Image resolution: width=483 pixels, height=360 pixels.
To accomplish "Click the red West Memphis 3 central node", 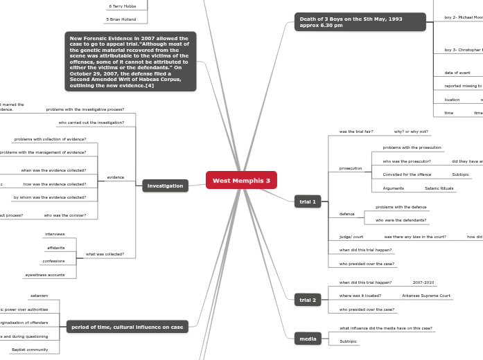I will coord(241,180).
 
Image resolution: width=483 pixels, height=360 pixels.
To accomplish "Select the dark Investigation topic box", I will coord(165,186).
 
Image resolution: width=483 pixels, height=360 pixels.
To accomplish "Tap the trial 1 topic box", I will coord(306,202).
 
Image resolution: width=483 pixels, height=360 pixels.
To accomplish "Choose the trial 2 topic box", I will coord(306,300).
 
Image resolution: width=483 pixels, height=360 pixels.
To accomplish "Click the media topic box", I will coord(307,338).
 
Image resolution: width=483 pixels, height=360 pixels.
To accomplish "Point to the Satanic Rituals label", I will coord(439,188).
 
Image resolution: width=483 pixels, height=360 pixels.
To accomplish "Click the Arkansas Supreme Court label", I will coord(425,296).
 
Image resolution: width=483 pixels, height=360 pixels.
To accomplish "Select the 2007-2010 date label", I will coord(423,282).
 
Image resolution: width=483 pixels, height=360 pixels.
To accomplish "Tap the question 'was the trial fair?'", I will coord(355,132).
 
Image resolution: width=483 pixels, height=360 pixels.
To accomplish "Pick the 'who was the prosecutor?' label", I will coord(406,161).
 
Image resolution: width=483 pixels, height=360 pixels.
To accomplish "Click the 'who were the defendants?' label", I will coord(401,220).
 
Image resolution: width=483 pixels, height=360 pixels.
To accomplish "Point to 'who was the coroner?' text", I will coord(65,215).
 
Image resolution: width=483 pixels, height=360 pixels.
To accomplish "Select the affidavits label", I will coord(55,247).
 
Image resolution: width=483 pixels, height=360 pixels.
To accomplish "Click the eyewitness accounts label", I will coord(44,275).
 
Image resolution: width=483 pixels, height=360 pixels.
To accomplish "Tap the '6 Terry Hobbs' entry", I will coord(122,6).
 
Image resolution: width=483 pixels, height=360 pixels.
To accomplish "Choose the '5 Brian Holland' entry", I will coord(121,19).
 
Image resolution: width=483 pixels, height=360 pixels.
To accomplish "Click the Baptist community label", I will coord(30,350).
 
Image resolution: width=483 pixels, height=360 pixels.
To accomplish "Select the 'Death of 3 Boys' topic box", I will coord(360,21).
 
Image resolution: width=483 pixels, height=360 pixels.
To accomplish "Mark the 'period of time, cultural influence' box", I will coord(127,327).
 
